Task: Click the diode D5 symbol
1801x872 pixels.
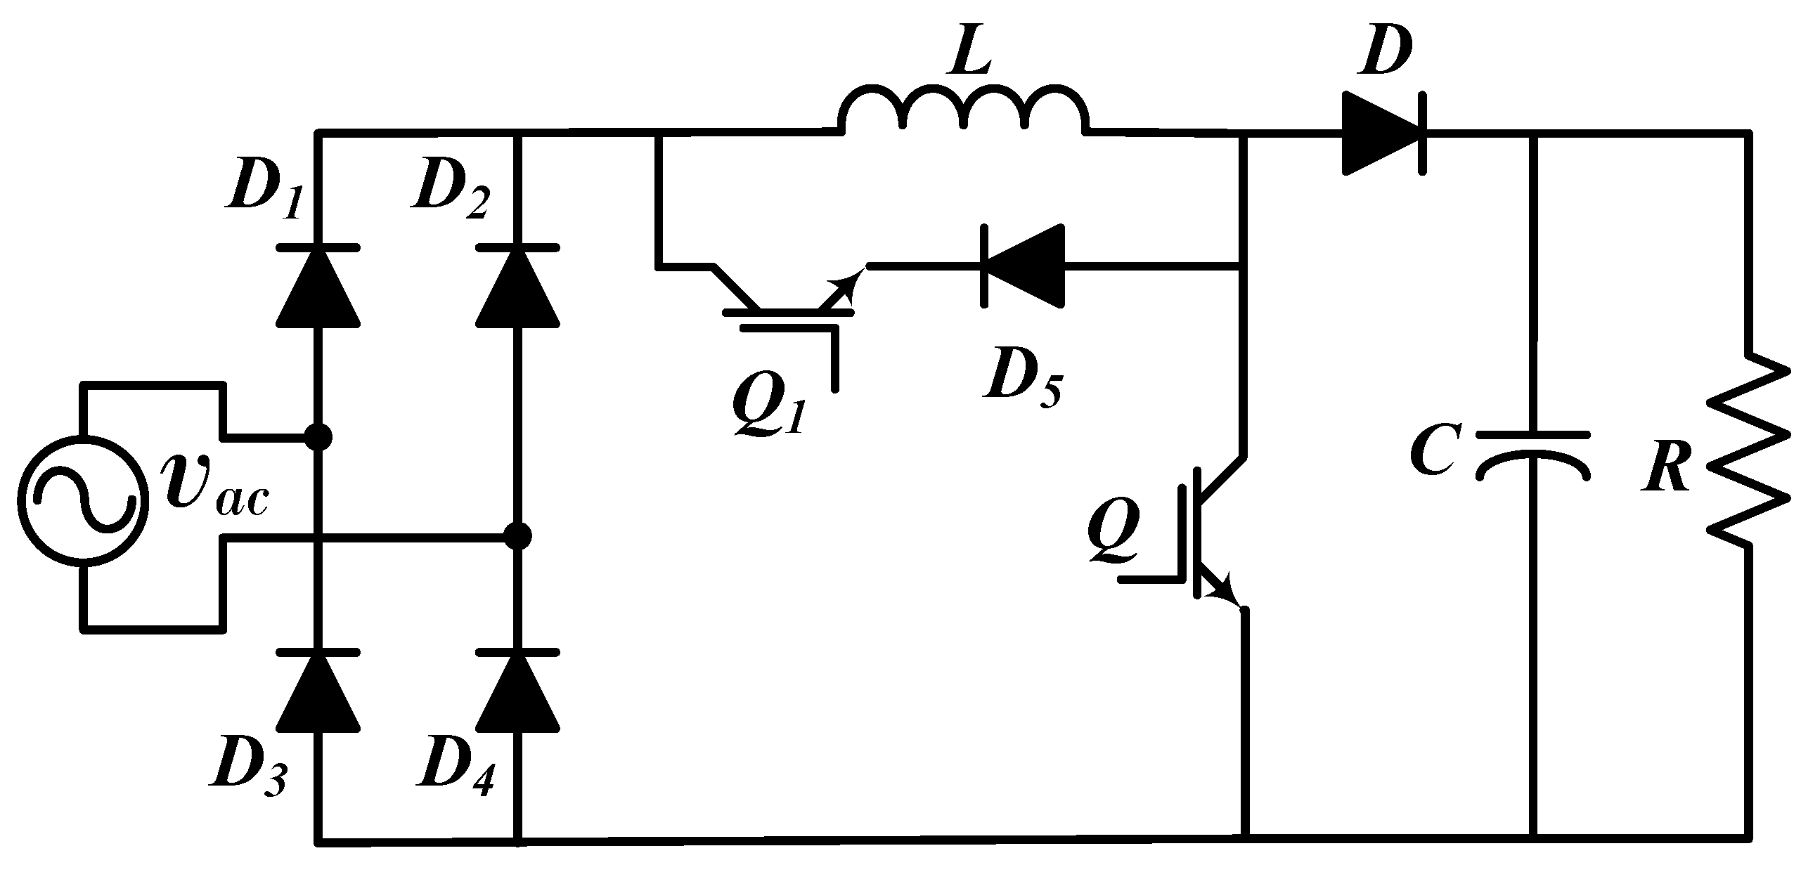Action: click(x=1023, y=266)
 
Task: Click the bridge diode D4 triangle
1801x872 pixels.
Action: click(x=518, y=692)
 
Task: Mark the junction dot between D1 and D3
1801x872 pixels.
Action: click(x=318, y=436)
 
